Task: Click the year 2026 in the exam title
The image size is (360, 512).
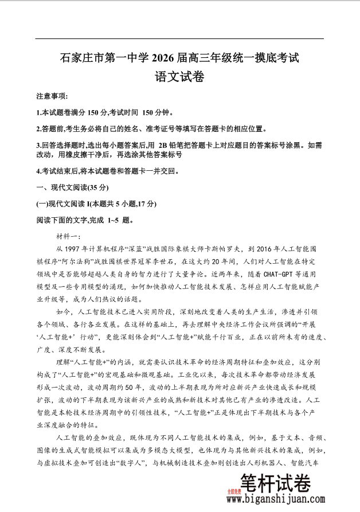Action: [x=166, y=58]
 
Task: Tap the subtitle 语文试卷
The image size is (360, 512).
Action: [x=179, y=76]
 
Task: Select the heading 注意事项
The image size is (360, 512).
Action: [x=52, y=96]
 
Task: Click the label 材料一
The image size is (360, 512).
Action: [x=69, y=236]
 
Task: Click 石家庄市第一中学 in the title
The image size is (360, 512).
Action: [x=104, y=58]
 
